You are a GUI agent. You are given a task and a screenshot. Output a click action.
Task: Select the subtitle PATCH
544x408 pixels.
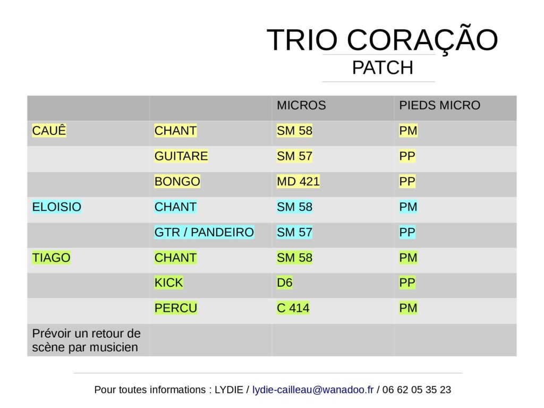(382, 67)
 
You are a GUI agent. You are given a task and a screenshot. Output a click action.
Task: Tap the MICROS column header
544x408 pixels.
(301, 105)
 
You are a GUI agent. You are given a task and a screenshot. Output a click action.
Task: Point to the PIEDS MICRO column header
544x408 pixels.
(439, 105)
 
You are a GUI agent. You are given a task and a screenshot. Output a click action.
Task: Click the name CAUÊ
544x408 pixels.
(49, 131)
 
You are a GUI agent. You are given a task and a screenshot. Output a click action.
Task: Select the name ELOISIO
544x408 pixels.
(56, 207)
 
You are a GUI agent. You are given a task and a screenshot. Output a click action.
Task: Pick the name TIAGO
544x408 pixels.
(51, 258)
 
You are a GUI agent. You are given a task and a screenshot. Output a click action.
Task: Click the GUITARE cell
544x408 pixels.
(181, 156)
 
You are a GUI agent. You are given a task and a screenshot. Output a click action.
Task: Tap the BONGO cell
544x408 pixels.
(177, 182)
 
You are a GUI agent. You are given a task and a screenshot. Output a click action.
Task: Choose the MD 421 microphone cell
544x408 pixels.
(298, 182)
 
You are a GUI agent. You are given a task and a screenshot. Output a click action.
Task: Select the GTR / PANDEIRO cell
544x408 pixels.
(204, 232)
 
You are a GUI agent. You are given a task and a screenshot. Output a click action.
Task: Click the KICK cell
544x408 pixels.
(168, 283)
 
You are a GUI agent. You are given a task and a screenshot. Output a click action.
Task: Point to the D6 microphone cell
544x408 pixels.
(285, 283)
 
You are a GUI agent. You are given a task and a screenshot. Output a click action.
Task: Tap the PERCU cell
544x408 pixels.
(176, 308)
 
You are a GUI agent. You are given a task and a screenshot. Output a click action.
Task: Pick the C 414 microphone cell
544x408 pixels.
(293, 308)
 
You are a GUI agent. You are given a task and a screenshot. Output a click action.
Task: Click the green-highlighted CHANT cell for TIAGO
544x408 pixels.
(175, 258)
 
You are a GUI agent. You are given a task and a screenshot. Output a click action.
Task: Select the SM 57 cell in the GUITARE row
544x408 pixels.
(294, 156)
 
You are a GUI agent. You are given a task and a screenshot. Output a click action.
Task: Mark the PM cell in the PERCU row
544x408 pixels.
(409, 308)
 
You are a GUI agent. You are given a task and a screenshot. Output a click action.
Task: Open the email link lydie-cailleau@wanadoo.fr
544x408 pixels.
(313, 389)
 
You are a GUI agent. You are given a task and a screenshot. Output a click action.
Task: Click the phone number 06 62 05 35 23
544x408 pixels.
(416, 389)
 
